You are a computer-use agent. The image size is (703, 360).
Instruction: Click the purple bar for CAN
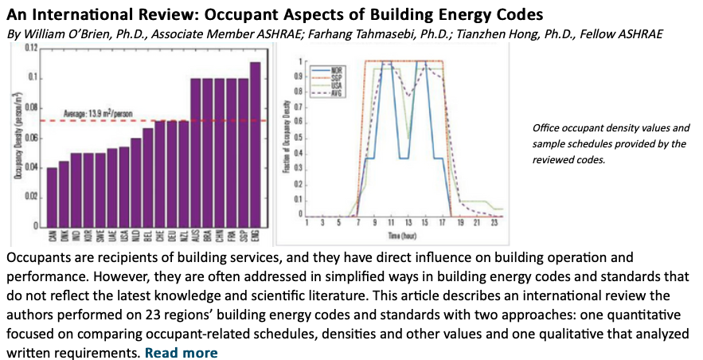[53, 196]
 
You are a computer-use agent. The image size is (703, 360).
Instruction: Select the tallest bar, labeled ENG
[255, 143]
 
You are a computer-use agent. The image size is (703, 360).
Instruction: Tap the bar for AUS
[195, 152]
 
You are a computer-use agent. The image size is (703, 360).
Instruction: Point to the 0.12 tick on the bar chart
[30, 49]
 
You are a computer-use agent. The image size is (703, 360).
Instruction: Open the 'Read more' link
[181, 353]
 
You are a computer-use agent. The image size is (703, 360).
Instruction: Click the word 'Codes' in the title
[519, 15]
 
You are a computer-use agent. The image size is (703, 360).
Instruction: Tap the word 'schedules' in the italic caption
[577, 143]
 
